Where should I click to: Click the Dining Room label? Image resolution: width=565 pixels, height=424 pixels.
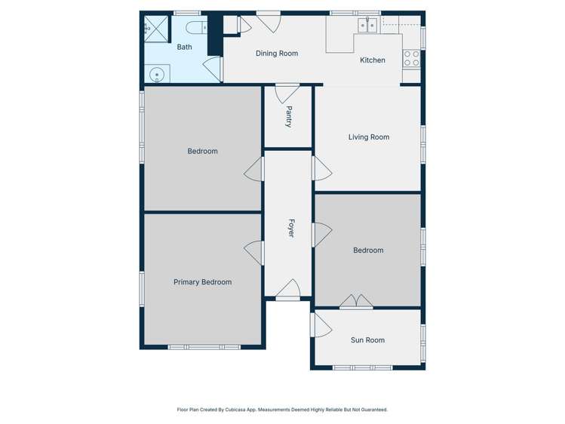point(277,54)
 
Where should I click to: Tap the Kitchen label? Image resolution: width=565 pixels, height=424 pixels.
point(373,60)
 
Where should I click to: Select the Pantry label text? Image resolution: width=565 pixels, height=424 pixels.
point(289,116)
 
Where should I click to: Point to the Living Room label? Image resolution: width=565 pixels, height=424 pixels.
point(369,137)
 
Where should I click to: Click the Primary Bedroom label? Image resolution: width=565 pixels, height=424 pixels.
point(202,282)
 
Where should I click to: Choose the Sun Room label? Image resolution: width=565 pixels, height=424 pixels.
point(367,340)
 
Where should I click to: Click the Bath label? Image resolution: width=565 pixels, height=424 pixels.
point(184,48)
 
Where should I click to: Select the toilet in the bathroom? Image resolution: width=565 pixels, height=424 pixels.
point(196,29)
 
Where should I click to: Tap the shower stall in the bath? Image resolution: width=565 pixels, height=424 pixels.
point(155,28)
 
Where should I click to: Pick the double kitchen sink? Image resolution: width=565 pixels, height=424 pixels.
point(367,26)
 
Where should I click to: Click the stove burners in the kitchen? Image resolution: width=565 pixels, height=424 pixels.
point(412,59)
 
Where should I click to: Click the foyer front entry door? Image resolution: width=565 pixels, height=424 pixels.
point(287,290)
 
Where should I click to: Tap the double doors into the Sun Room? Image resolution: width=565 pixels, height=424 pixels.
point(355,302)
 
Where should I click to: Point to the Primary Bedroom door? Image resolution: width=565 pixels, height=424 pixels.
point(255,253)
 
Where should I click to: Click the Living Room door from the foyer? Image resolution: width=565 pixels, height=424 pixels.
point(321,168)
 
